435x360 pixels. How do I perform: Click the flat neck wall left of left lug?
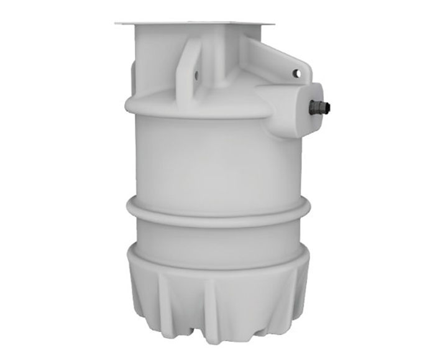[x=155, y=62]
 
